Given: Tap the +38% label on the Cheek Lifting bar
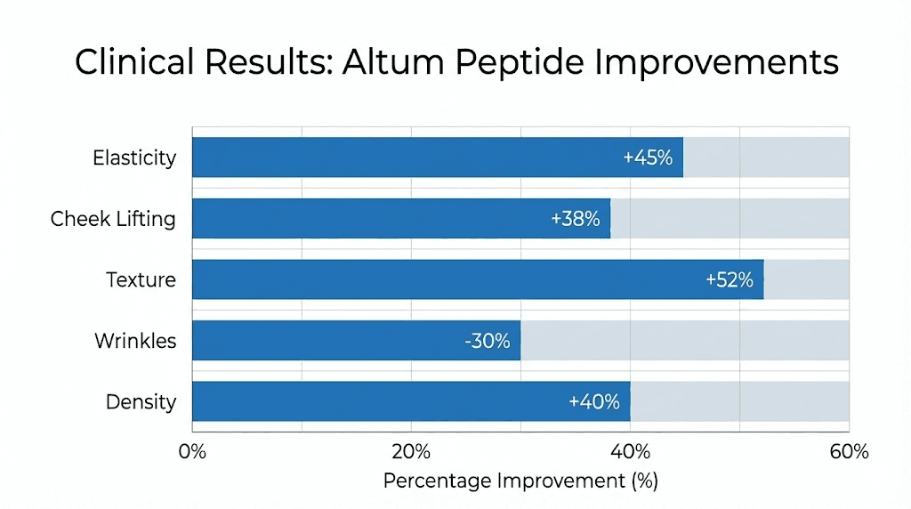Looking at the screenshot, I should pyautogui.click(x=575, y=219).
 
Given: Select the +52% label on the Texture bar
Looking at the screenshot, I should pyautogui.click(x=729, y=279).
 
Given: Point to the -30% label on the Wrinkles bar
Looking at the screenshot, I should pyautogui.click(x=487, y=341).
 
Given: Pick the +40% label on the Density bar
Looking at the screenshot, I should pyautogui.click(x=593, y=401).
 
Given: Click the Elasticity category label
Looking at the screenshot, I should pyautogui.click(x=134, y=158).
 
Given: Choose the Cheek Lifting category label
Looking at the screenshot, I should pyautogui.click(x=113, y=219).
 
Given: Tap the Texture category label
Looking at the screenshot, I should pyautogui.click(x=141, y=279).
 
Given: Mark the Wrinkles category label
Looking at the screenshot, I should pyautogui.click(x=135, y=341).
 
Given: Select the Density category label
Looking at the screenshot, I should pyautogui.click(x=141, y=401).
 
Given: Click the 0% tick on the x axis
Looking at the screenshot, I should pyautogui.click(x=192, y=451).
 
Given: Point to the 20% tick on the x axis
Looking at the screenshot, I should pyautogui.click(x=411, y=451).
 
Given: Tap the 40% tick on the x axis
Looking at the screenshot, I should pyautogui.click(x=630, y=451).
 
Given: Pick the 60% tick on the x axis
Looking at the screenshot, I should pyautogui.click(x=849, y=451).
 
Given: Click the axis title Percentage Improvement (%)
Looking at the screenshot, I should pyautogui.click(x=520, y=481).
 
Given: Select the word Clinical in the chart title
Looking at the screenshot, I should pyautogui.click(x=133, y=62).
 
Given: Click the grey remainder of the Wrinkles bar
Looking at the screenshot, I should pyautogui.click(x=685, y=341).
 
